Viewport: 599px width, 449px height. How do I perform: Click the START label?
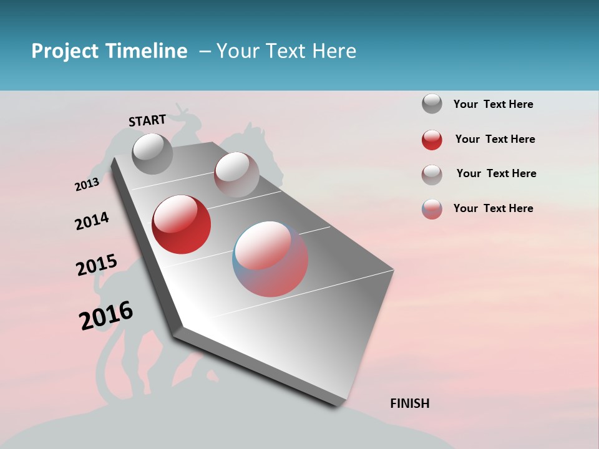147,120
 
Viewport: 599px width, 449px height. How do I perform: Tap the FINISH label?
409,403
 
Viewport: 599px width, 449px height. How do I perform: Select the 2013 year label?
87,185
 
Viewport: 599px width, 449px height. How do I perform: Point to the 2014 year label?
92,221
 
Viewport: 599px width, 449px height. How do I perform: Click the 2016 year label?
106,316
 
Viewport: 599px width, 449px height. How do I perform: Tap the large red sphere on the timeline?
181,224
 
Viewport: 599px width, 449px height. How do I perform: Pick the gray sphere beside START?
152,153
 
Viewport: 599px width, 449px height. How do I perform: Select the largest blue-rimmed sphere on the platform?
270,258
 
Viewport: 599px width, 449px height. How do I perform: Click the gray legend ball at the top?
432,104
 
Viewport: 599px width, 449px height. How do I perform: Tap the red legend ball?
432,140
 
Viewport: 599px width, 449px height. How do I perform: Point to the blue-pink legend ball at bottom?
432,209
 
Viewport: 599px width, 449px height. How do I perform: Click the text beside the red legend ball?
495,139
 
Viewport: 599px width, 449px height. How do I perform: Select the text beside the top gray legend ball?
493,104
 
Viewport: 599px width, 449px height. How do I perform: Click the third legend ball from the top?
432,174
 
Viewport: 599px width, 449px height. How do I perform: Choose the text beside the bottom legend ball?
493,208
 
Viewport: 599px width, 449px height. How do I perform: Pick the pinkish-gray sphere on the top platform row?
236,175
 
